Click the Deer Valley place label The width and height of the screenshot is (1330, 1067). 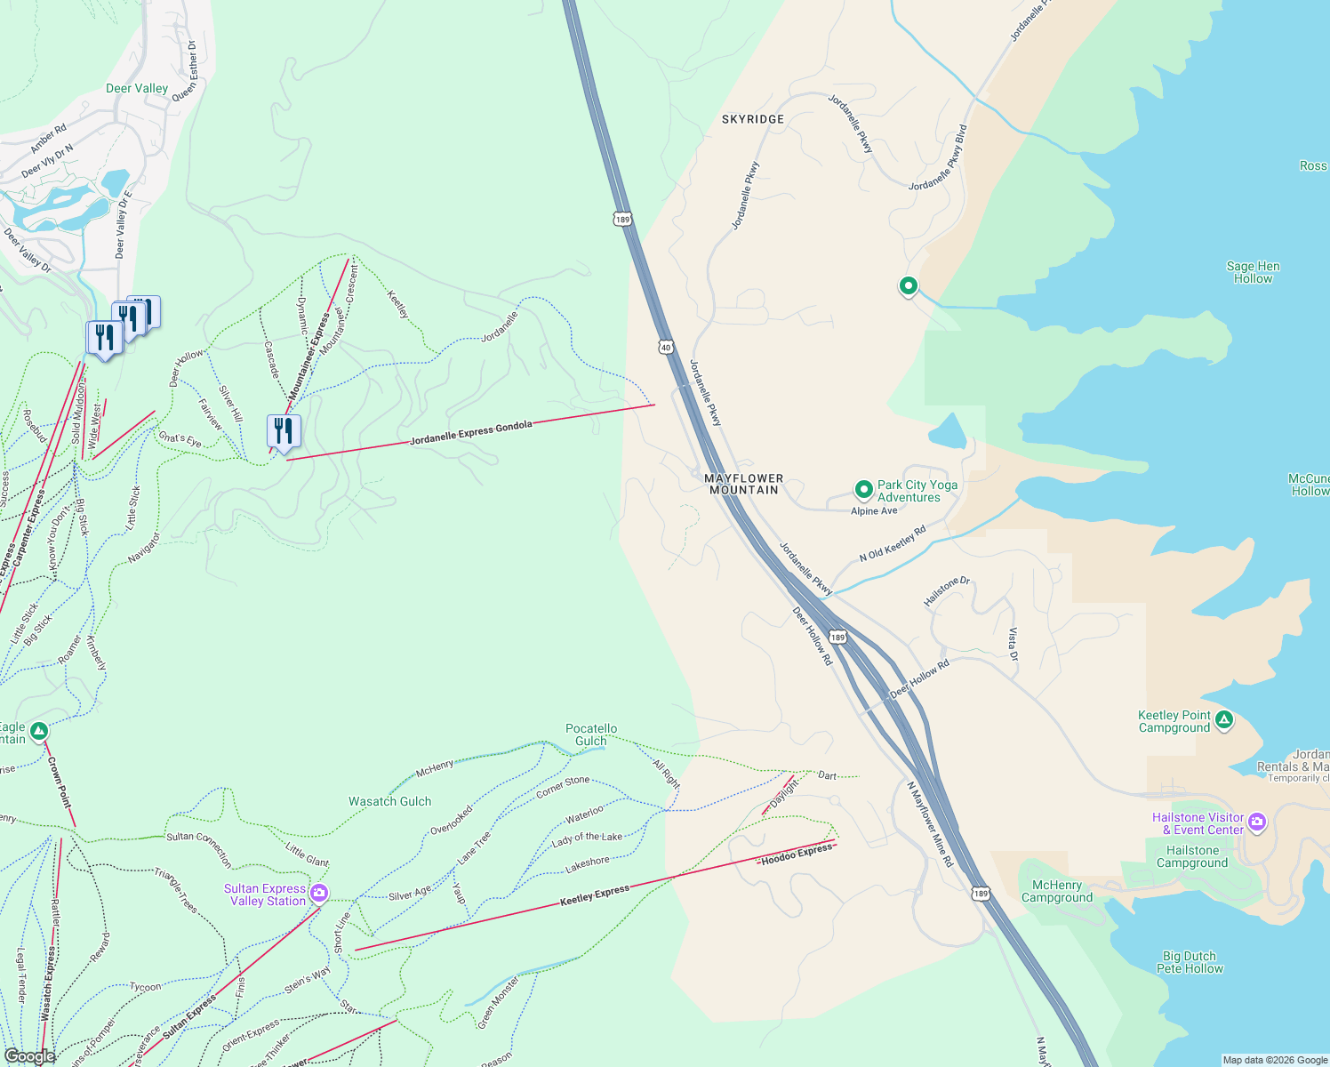(136, 88)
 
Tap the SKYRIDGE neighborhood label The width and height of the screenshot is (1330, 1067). (753, 119)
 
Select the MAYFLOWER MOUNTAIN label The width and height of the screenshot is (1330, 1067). (744, 484)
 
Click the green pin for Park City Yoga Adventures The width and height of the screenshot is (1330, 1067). (862, 490)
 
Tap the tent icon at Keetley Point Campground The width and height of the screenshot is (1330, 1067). (1224, 719)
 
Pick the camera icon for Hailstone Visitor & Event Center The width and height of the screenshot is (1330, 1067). (1256, 822)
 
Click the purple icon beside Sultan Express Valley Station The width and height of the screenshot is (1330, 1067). (319, 893)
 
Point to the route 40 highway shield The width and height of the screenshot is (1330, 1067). (666, 347)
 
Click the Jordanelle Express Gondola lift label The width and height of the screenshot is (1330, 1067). (471, 432)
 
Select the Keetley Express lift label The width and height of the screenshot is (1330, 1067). (594, 895)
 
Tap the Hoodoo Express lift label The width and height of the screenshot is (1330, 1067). (797, 854)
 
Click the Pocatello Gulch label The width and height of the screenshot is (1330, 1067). (591, 734)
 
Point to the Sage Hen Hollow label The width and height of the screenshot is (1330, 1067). (1253, 272)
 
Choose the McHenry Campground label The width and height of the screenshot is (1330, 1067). (1057, 891)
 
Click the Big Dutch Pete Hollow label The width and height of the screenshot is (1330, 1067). (1190, 962)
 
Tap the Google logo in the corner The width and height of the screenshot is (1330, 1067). (29, 1055)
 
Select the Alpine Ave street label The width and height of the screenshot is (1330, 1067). (874, 511)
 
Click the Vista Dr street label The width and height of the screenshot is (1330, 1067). (1013, 644)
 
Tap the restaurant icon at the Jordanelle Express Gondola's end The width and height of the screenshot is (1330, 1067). (284, 432)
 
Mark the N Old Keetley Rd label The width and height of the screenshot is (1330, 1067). (892, 543)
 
